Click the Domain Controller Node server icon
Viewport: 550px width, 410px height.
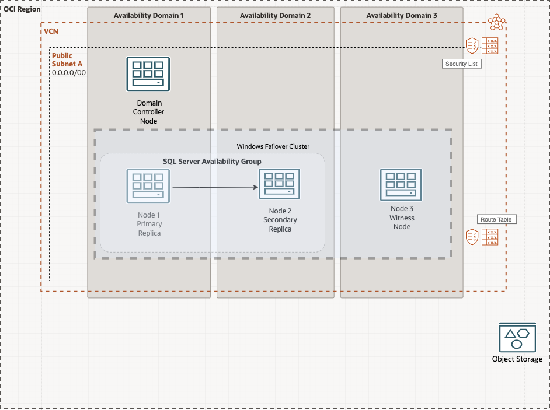[x=148, y=74]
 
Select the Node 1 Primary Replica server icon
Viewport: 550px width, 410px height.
[x=148, y=186]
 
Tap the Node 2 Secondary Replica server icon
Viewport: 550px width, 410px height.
[x=279, y=184]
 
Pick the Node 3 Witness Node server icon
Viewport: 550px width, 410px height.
[x=401, y=185]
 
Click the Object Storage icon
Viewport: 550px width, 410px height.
[x=517, y=337]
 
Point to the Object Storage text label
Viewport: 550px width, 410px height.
[x=517, y=359]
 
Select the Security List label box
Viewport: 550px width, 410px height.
[x=461, y=64]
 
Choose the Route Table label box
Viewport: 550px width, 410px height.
[x=496, y=219]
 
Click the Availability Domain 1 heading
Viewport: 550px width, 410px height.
[x=148, y=15]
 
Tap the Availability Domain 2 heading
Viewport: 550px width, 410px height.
[x=275, y=15]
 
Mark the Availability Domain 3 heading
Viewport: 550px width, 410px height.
[x=401, y=15]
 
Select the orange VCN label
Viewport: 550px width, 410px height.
[x=51, y=30]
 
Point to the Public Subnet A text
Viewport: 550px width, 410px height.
[x=62, y=60]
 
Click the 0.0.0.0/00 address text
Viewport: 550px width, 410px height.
[x=69, y=73]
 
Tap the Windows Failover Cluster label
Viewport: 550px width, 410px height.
[x=273, y=146]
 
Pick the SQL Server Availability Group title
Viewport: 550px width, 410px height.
[x=212, y=161]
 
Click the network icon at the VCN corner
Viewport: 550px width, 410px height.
[x=497, y=22]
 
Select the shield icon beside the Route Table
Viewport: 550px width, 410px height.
[x=472, y=236]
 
